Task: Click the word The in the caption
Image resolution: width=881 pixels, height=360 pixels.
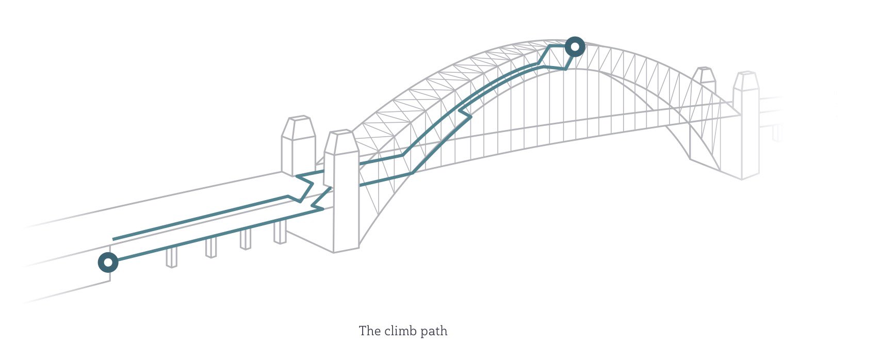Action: tap(369, 331)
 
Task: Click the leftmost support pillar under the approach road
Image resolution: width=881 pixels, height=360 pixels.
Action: tap(171, 257)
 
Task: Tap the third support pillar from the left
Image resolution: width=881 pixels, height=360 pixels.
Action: tap(246, 239)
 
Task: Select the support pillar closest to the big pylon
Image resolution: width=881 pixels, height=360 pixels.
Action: tap(280, 232)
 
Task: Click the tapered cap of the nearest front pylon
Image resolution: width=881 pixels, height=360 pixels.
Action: tap(341, 142)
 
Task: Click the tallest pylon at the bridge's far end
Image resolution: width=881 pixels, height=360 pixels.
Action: tap(746, 125)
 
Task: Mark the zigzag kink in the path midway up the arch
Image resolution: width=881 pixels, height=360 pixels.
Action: tap(465, 112)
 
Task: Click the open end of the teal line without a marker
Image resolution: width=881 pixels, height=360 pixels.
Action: tap(113, 239)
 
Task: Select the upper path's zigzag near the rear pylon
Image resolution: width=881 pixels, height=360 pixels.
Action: tap(305, 187)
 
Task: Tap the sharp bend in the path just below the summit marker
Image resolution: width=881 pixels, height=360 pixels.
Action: tap(565, 69)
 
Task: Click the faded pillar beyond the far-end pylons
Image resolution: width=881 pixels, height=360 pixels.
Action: tap(777, 133)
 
